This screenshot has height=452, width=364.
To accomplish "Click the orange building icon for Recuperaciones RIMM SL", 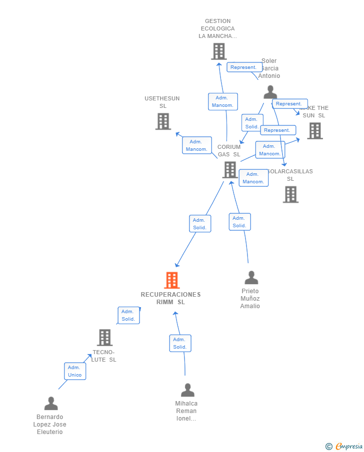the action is coord(172,280).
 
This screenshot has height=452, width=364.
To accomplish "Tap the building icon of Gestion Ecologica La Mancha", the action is coord(218,51).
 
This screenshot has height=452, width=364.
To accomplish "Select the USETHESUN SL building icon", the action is coord(163,121).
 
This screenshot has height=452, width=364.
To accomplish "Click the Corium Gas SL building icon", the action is coord(229,170).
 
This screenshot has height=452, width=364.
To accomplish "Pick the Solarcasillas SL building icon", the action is coord(290,194).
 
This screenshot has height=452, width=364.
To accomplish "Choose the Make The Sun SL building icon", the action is coord(314,131).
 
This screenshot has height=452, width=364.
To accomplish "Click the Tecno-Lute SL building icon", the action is coord(104,338).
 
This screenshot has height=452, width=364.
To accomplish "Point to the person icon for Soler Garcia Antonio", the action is coord(270,92).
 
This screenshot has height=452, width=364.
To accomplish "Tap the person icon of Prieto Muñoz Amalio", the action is coord(251,278).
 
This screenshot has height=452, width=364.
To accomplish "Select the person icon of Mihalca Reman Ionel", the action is coord(187,390).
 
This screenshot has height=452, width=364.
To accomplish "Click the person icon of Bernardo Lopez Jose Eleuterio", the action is coord(51,404).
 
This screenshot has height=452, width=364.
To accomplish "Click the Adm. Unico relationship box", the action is coord(74,371).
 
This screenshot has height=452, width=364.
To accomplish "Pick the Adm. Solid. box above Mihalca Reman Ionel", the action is coord(180,343).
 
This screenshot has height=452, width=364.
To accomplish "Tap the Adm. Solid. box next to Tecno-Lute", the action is coord(128,315).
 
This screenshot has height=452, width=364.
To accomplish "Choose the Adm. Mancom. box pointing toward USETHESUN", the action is coord(196,145).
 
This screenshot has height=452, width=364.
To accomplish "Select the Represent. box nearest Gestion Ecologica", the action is coord(244,67).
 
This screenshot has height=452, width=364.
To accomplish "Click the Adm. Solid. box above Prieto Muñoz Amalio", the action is coord(239,222).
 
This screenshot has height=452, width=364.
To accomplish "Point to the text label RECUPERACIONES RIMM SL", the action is coord(170,298).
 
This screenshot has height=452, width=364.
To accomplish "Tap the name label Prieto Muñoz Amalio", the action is coord(250,299).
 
